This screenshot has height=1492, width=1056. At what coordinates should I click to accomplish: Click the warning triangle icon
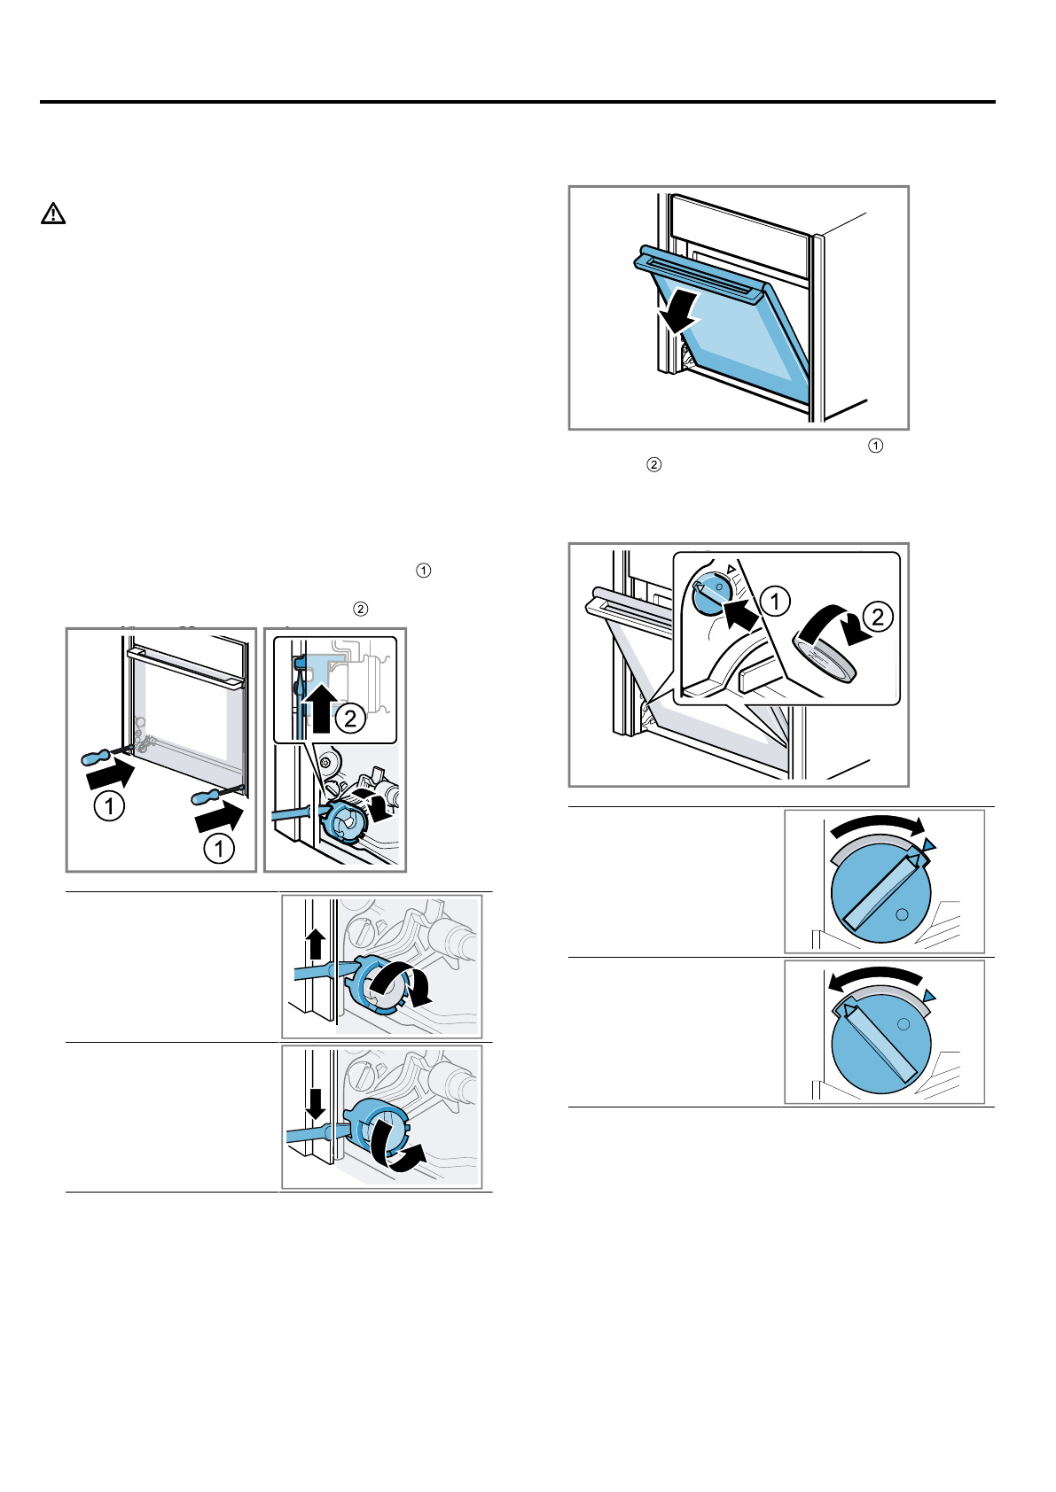53,214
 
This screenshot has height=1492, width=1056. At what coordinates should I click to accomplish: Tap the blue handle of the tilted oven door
700,272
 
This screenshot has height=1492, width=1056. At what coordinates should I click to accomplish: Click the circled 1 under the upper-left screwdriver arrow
109,806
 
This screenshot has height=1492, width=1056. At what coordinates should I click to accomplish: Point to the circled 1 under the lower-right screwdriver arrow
219,848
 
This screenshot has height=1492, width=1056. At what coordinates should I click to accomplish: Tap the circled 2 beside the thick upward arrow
351,717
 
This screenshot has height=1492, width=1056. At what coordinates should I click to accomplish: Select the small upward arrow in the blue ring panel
316,944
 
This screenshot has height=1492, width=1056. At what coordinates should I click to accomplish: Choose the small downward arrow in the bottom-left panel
316,1102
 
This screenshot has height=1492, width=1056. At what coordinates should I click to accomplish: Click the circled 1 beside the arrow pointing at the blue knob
775,602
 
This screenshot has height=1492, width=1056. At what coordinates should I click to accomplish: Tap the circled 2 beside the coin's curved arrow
878,616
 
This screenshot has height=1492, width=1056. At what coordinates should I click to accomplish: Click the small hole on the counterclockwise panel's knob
903,1023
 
